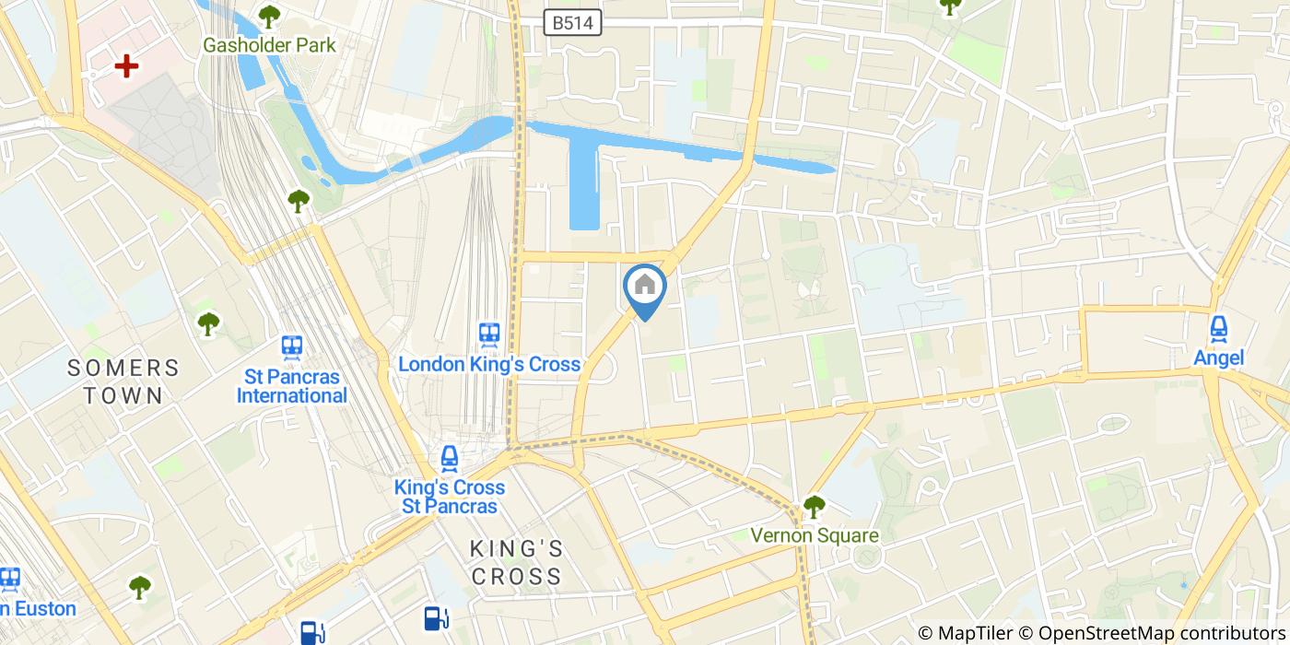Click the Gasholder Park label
(x=269, y=45)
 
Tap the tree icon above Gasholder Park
(x=269, y=16)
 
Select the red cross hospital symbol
(x=126, y=65)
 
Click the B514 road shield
(x=572, y=23)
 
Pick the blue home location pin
(x=645, y=287)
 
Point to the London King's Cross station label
(x=489, y=364)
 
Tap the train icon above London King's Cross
(x=489, y=334)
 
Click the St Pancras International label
(x=292, y=386)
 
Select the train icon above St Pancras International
(x=292, y=346)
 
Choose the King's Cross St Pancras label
(x=450, y=497)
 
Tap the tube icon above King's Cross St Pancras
(x=450, y=457)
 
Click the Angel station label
(x=1219, y=358)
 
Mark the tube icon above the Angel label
(x=1219, y=327)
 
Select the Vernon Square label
(x=815, y=535)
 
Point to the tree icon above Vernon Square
(x=814, y=506)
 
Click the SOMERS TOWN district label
(x=123, y=381)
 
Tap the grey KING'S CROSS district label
(x=516, y=562)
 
